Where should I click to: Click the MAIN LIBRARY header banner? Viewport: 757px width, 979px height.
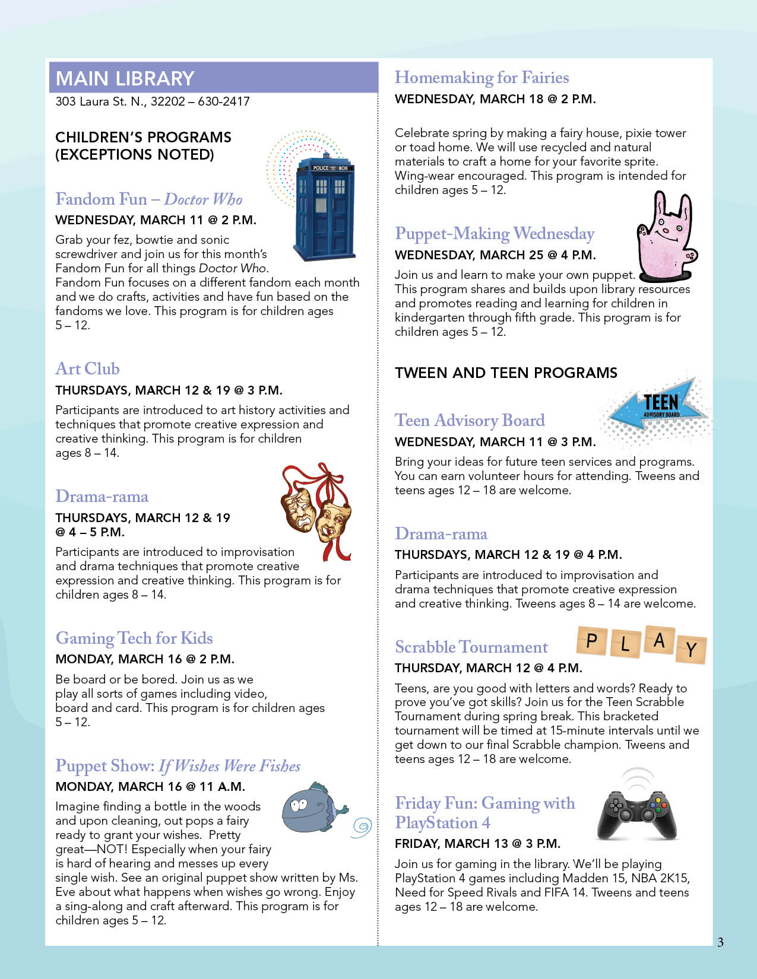pyautogui.click(x=213, y=78)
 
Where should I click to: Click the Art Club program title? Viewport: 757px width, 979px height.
pyautogui.click(x=87, y=369)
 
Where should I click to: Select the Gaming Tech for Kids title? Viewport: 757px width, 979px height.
pyautogui.click(x=134, y=638)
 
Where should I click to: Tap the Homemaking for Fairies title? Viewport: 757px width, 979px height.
pyautogui.click(x=482, y=78)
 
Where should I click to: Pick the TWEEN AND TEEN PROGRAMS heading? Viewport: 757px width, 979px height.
pyautogui.click(x=506, y=373)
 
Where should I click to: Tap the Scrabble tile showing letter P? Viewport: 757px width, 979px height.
pyautogui.click(x=591, y=641)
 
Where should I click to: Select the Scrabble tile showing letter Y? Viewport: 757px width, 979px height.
pyautogui.click(x=691, y=650)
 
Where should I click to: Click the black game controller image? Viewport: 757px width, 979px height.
pyautogui.click(x=636, y=812)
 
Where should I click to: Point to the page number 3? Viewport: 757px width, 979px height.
pyautogui.click(x=720, y=942)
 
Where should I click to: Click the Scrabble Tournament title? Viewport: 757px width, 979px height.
pyautogui.click(x=471, y=647)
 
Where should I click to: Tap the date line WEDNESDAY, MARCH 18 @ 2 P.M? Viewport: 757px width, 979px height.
pyautogui.click(x=495, y=99)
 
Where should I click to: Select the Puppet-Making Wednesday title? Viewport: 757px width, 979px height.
pyautogui.click(x=495, y=234)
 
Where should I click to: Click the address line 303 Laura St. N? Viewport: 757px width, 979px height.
pyautogui.click(x=153, y=101)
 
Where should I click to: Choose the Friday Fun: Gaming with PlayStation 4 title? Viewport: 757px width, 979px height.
pyautogui.click(x=484, y=813)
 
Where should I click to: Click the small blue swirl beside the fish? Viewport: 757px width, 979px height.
pyautogui.click(x=362, y=827)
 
